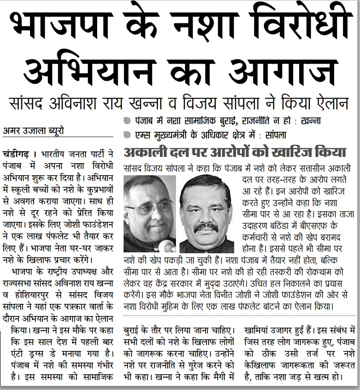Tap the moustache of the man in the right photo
pyautogui.click(x=206, y=226)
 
